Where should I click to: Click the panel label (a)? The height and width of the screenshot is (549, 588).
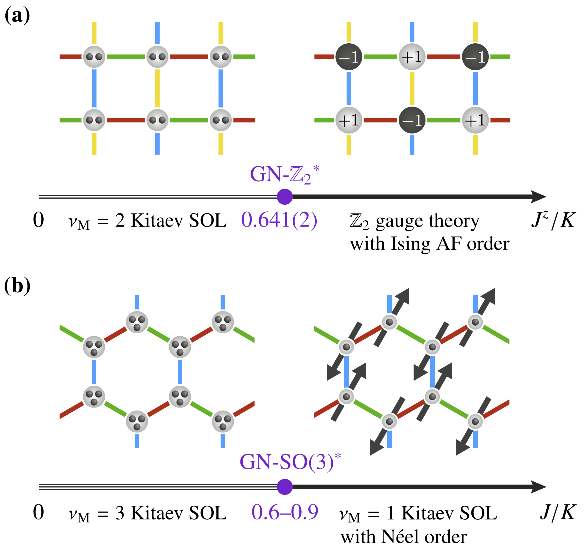[17, 15]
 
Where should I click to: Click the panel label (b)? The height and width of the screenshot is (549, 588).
[17, 286]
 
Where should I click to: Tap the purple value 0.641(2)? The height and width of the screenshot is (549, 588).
[279, 220]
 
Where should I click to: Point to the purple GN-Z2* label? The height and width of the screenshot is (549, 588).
[284, 174]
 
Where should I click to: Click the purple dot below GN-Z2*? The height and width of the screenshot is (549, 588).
[285, 197]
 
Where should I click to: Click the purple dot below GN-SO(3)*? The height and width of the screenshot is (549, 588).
[285, 487]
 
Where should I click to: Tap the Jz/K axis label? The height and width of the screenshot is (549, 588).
[553, 220]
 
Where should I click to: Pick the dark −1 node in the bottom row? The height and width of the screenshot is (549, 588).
[412, 120]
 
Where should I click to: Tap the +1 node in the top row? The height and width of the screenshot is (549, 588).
[412, 57]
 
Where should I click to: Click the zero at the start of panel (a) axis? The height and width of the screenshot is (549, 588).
[38, 220]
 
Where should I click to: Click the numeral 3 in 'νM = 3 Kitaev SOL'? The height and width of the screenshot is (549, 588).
[120, 513]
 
